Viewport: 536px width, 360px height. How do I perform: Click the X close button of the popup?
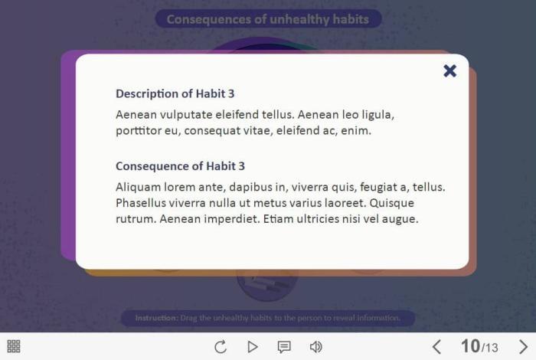[x=450, y=70]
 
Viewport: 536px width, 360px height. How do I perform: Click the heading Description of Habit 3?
[x=175, y=93]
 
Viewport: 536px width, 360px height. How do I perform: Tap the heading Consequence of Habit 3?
[x=180, y=166]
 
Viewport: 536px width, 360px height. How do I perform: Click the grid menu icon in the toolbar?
[x=14, y=346]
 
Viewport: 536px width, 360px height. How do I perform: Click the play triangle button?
[x=253, y=347]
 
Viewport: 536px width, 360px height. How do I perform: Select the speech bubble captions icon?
[x=284, y=347]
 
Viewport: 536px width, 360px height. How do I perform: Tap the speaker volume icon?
[x=315, y=347]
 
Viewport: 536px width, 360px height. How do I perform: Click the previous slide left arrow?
[x=436, y=347]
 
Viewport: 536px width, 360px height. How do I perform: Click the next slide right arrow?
[x=523, y=347]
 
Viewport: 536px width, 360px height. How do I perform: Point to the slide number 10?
[x=470, y=346]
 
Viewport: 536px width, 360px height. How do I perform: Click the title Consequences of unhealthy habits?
[x=268, y=19]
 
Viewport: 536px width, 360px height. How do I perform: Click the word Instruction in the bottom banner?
[x=156, y=318]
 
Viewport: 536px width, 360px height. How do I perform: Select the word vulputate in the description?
[x=186, y=115]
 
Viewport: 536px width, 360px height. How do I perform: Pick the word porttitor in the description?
[x=139, y=131]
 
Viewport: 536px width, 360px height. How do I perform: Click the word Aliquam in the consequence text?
[x=138, y=188]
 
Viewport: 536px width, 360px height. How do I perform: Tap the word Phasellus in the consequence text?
[x=140, y=203]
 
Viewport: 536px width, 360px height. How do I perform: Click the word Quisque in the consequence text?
[x=392, y=204]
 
